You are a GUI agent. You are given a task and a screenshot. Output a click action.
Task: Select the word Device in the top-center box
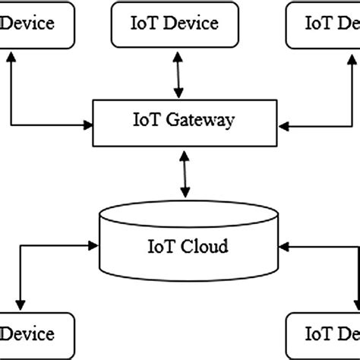point(192,23)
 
